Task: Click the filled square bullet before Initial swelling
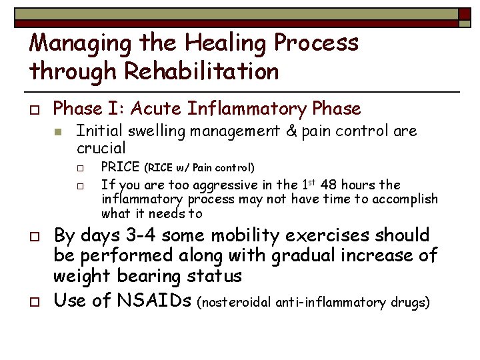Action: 59,132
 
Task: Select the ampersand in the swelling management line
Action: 290,131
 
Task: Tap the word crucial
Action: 101,147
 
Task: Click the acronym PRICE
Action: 121,167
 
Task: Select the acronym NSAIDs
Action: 154,301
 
